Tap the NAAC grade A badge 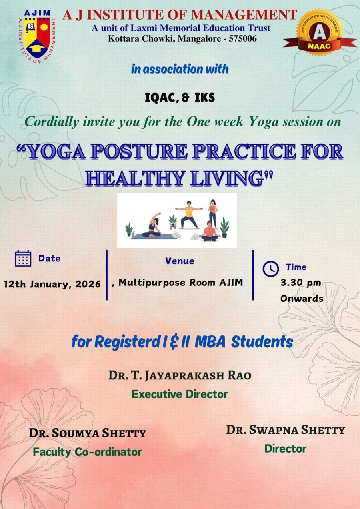(x=320, y=33)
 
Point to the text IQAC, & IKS (x=180, y=98)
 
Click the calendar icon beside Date (x=23, y=258)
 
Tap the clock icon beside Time (x=270, y=269)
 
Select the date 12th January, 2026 (x=52, y=284)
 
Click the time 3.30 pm (x=301, y=283)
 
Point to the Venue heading (x=180, y=261)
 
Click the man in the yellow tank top (x=189, y=215)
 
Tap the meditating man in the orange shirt (x=209, y=231)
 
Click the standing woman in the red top (x=213, y=214)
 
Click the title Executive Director (x=180, y=394)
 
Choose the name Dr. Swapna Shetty (x=286, y=430)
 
